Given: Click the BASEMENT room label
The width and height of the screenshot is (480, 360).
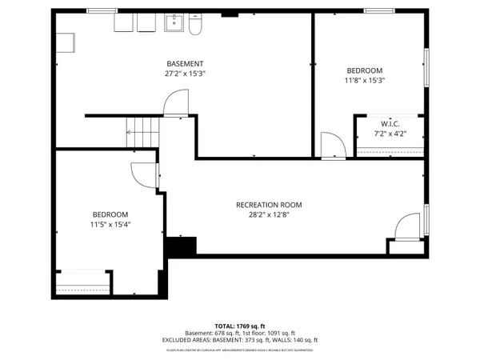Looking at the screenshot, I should (x=185, y=64).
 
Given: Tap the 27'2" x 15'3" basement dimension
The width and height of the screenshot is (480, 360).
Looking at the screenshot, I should (x=185, y=74).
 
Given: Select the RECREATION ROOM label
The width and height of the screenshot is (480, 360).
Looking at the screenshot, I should (x=269, y=205).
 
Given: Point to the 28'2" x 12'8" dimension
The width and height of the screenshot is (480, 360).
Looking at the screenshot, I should (x=269, y=214).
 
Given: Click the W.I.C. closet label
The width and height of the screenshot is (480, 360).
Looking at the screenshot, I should (x=390, y=123).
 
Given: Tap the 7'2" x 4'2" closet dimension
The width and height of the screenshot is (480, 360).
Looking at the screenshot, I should (x=390, y=133).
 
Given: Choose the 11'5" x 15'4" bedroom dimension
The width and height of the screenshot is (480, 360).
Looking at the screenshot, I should (x=110, y=225).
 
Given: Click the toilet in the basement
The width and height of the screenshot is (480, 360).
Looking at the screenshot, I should (x=194, y=27).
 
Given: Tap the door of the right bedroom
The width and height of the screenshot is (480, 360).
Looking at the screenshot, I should (x=331, y=146).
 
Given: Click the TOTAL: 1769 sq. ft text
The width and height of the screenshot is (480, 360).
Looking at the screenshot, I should (x=239, y=326).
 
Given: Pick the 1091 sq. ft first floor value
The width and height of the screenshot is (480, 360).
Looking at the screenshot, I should (x=280, y=333).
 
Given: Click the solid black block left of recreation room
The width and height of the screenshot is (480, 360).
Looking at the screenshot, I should (x=179, y=247).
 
